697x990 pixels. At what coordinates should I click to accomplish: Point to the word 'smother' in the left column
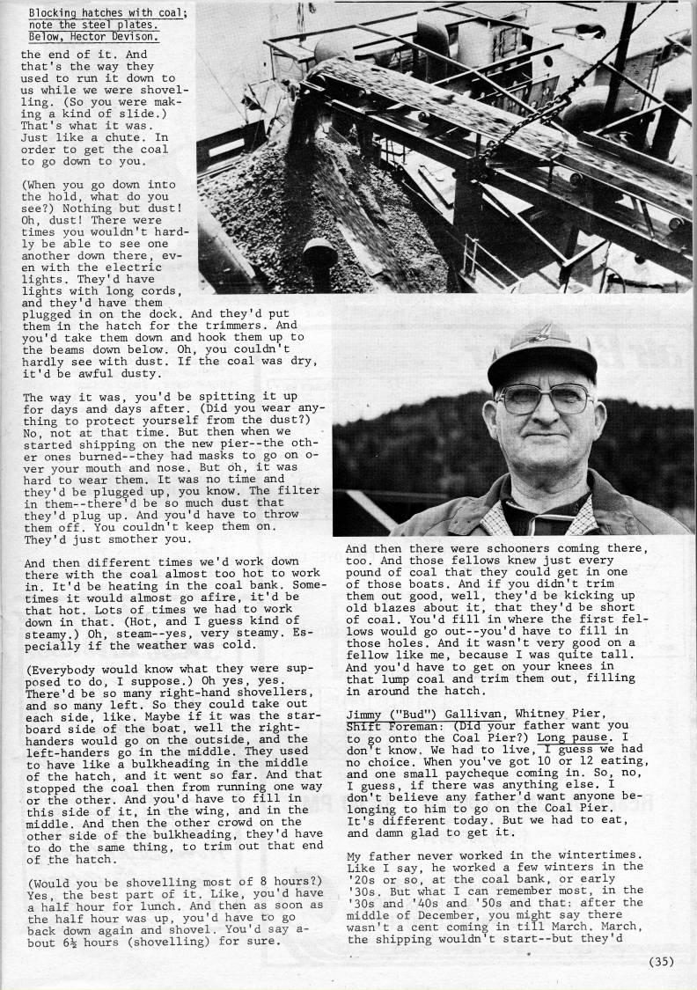pos(127,539)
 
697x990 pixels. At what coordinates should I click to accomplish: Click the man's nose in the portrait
pos(545,414)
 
